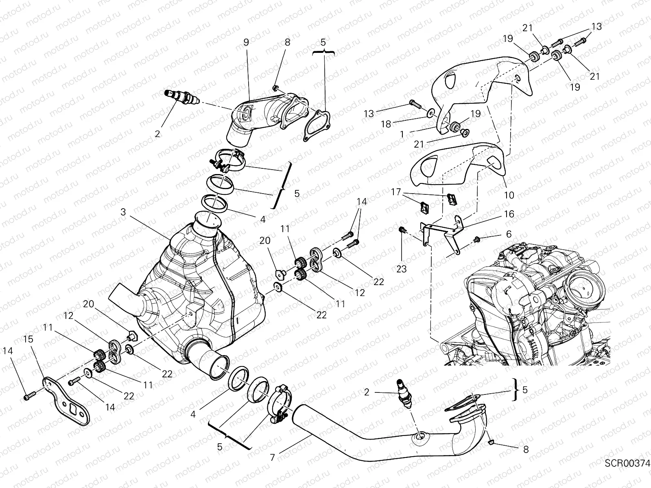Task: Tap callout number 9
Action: (x=246, y=42)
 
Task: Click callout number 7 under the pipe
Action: (x=272, y=457)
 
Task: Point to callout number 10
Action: (x=509, y=195)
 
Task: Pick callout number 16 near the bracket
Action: (x=509, y=214)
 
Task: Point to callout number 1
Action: (x=402, y=134)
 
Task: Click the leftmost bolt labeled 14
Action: (x=28, y=394)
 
